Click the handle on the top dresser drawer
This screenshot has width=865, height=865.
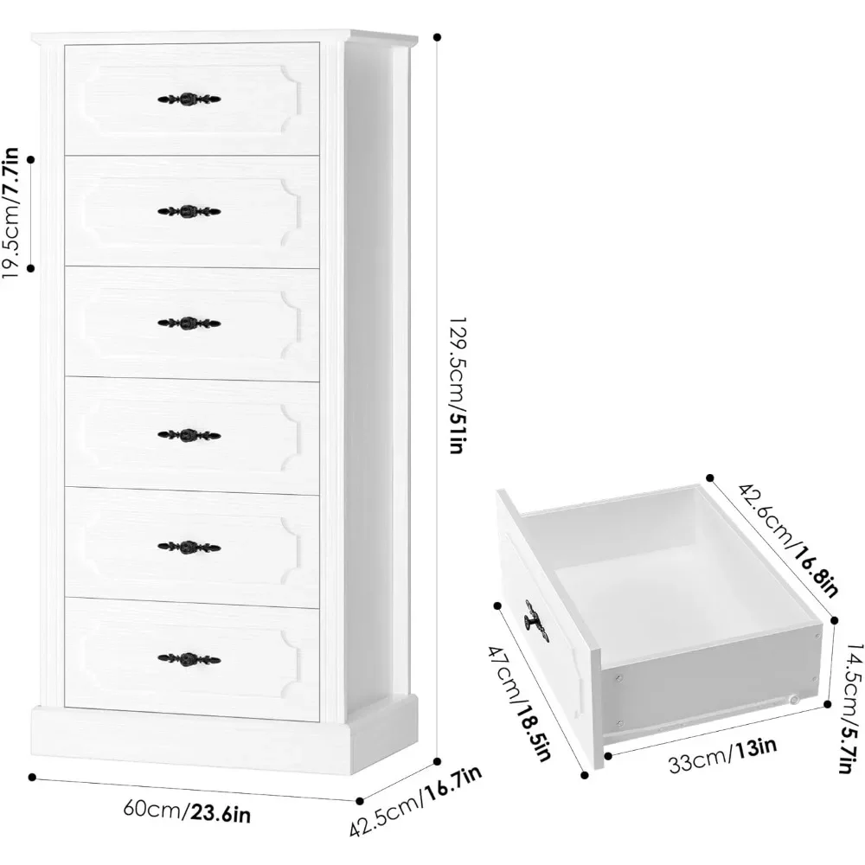coord(189,99)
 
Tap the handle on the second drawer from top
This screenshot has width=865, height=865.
coord(189,210)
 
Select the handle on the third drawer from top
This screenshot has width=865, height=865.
coord(189,323)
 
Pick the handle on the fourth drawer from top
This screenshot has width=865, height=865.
coord(189,434)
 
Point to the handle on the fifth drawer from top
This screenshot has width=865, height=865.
coord(189,547)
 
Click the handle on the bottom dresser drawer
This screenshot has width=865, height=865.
coord(189,659)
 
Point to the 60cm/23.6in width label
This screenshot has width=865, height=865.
coord(188,811)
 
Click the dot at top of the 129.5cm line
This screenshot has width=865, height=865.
coord(437,37)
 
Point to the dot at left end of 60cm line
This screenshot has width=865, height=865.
coord(34,778)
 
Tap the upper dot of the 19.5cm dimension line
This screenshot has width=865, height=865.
coord(31,159)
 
